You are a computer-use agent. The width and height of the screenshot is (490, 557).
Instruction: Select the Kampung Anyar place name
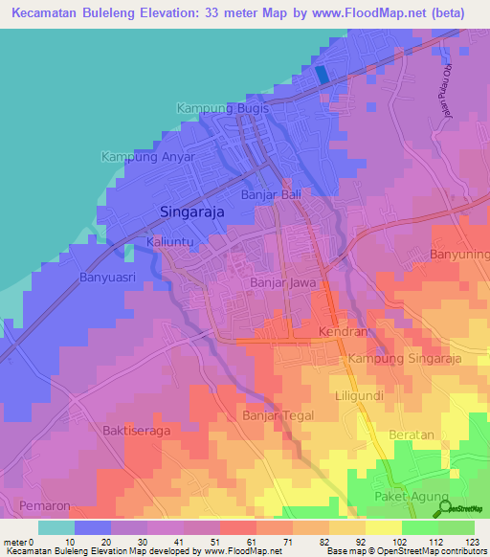[x=148, y=157]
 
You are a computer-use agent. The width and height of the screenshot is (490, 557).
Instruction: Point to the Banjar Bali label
[x=271, y=195]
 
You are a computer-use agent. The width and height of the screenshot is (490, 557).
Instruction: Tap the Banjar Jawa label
[x=282, y=283]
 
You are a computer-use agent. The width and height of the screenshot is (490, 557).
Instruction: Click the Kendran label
[x=343, y=332]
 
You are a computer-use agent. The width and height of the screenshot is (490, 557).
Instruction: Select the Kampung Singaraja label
[x=405, y=359]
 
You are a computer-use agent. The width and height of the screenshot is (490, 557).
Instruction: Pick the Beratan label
[x=412, y=434]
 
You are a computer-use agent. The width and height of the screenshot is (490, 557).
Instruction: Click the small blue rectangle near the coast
[x=322, y=73]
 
